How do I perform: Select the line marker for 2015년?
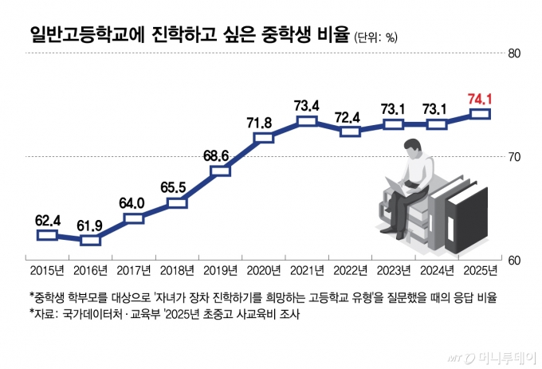coord(47,234)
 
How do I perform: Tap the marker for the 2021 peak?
coord(307,121)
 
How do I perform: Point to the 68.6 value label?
coord(220,155)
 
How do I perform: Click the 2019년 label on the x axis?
coord(220,269)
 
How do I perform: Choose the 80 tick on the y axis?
coord(514,54)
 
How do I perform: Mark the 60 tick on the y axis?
coord(514,261)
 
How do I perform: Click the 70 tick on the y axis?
coord(514,157)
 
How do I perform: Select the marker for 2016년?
coord(91,239)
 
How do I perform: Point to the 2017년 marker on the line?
coord(134,218)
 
